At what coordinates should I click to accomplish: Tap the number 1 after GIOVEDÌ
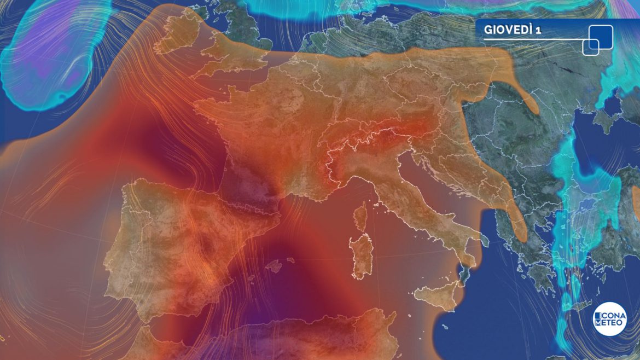point(539,30)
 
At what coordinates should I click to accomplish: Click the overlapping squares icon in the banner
point(597,39)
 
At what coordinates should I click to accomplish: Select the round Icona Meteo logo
point(609,319)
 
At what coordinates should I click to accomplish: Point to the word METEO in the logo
point(610,324)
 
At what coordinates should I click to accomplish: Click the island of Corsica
point(360,217)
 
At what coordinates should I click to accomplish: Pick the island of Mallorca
point(274,266)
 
